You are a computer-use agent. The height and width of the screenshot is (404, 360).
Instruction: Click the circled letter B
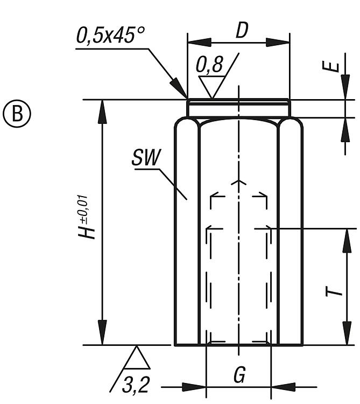pyautogui.click(x=18, y=114)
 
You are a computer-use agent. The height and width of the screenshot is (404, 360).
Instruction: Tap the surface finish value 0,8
pyautogui.click(x=209, y=65)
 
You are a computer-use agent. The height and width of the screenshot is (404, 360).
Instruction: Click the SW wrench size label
pyautogui.click(x=145, y=158)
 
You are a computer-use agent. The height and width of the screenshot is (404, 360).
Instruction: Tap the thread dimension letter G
pyautogui.click(x=239, y=374)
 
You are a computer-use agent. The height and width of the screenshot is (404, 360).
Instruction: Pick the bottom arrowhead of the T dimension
pyautogui.click(x=345, y=335)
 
